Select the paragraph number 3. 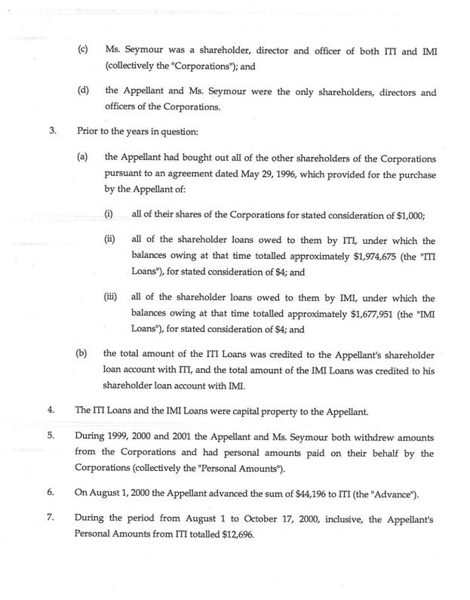(x=52, y=130)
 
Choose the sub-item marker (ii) (x=110, y=239)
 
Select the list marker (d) (x=82, y=92)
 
